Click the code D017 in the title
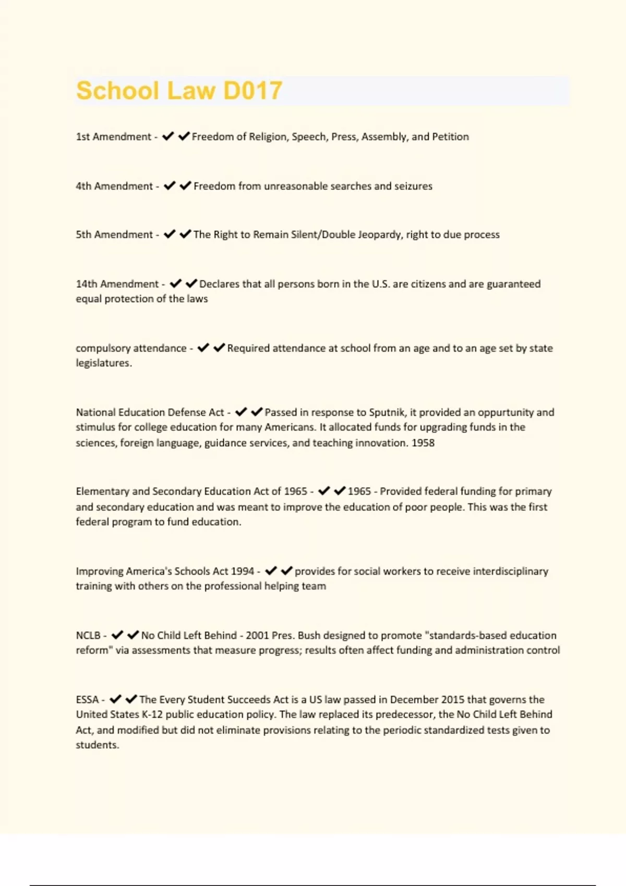point(252,91)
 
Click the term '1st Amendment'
point(113,137)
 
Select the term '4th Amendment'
point(114,186)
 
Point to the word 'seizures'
point(413,186)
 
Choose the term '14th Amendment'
point(117,284)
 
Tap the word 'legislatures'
point(103,363)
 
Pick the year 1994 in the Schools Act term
point(242,571)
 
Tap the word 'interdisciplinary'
point(510,571)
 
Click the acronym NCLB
point(88,635)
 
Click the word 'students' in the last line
point(97,745)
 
